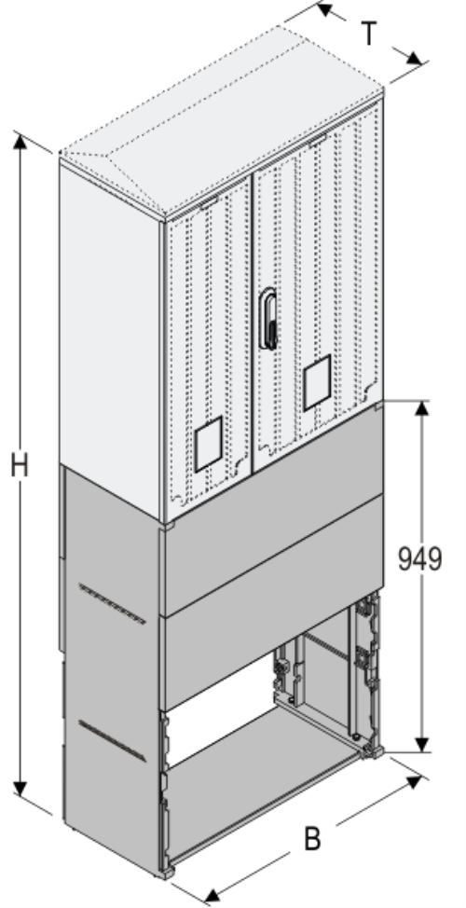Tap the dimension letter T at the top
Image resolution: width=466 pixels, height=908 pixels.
click(x=370, y=35)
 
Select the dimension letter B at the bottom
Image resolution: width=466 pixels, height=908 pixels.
click(x=314, y=837)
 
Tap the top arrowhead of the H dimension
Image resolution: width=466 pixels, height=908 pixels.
click(x=20, y=141)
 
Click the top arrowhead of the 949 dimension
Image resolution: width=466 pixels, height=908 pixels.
click(x=422, y=409)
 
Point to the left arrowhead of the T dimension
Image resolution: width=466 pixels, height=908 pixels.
click(x=323, y=10)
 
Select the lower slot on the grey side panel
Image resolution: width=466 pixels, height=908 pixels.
click(x=112, y=736)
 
